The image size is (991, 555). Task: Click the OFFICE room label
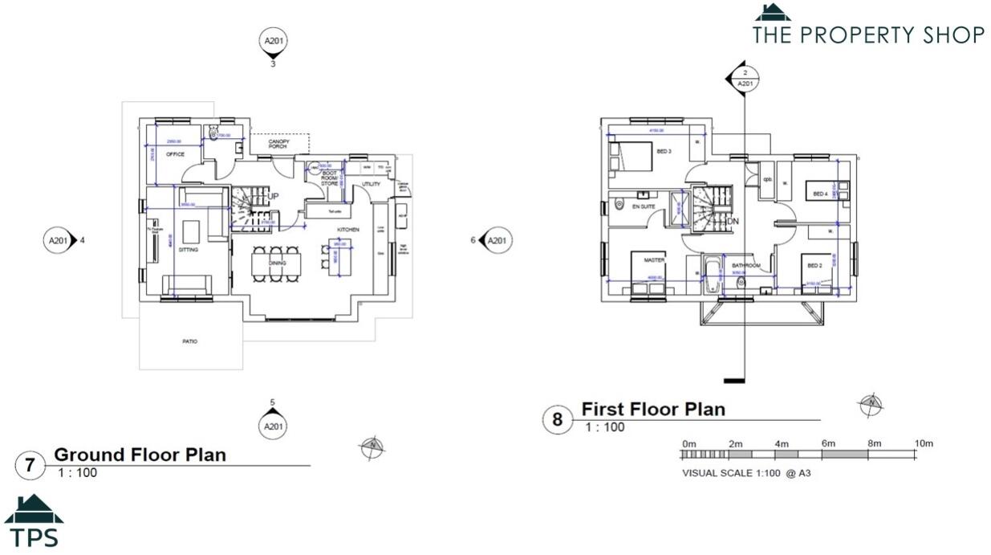coord(175,154)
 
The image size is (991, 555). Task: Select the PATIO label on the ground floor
coord(189,341)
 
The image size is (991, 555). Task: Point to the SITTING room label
coord(188,250)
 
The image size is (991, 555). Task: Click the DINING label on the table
coord(278,263)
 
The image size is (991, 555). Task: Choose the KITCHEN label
coord(347,230)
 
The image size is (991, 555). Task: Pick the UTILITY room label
coord(371,184)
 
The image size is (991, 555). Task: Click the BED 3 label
coord(664,151)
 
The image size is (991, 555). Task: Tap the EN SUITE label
coord(644,206)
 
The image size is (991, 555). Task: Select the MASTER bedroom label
coord(654,259)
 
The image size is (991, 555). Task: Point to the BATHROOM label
coord(745,265)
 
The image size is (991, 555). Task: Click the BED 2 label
coord(814,265)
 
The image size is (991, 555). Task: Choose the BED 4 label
coord(819,194)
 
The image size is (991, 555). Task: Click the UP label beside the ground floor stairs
coord(273,197)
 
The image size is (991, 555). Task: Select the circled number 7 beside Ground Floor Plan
coord(30,465)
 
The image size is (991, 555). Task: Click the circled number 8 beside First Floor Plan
coord(556,420)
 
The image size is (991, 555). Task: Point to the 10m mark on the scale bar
coord(923,443)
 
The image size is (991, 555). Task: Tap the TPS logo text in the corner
coord(33,537)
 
